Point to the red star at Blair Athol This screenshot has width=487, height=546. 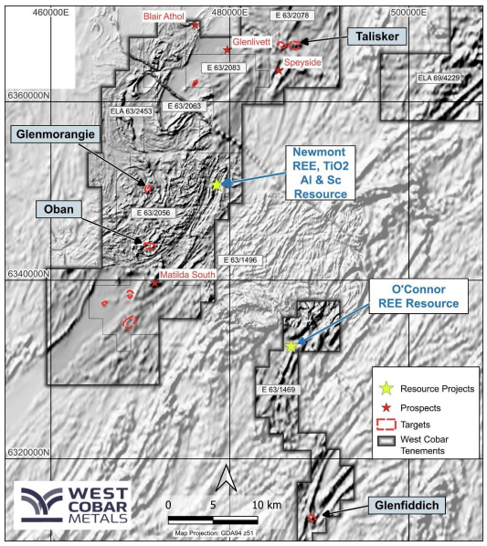[x=196, y=25]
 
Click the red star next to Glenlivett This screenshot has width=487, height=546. [x=227, y=49]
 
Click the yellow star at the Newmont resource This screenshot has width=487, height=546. [x=217, y=185]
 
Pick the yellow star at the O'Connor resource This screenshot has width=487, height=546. [x=291, y=346]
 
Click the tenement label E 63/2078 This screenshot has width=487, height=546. [x=293, y=17]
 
